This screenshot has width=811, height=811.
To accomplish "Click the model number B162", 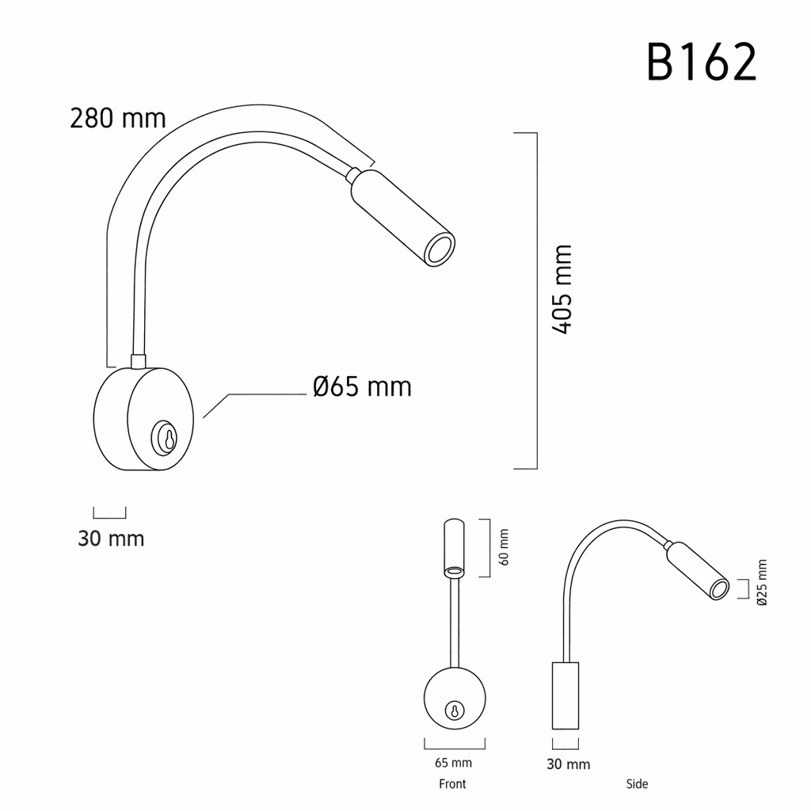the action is [702, 63].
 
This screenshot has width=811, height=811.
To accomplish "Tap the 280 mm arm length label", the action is [117, 119].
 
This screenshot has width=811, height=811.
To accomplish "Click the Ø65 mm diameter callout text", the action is [362, 386].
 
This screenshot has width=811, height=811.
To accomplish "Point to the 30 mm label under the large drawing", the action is [111, 539].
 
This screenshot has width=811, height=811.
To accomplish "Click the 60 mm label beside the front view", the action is [504, 546].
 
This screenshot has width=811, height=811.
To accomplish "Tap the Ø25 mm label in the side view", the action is [761, 582].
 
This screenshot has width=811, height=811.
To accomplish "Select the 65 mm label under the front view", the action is [453, 763].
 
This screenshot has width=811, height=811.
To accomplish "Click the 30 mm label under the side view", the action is [568, 764].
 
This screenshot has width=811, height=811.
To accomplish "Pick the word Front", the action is [452, 784].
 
